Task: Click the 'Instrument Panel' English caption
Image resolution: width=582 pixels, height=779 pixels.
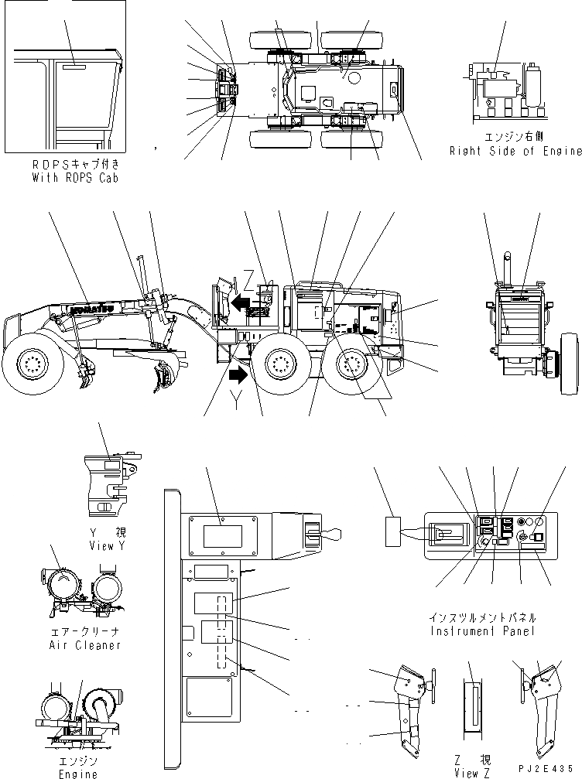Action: (481, 631)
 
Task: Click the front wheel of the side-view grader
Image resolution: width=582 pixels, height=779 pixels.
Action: (32, 363)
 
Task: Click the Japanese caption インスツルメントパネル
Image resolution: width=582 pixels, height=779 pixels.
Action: (481, 619)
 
